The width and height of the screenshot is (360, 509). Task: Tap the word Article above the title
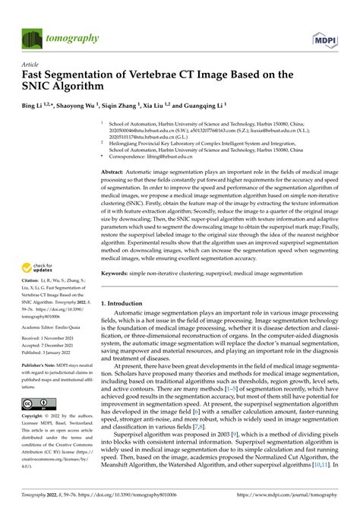pyautogui.click(x=31, y=65)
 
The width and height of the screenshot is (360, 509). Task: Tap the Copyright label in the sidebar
pyautogui.click(x=34, y=417)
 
